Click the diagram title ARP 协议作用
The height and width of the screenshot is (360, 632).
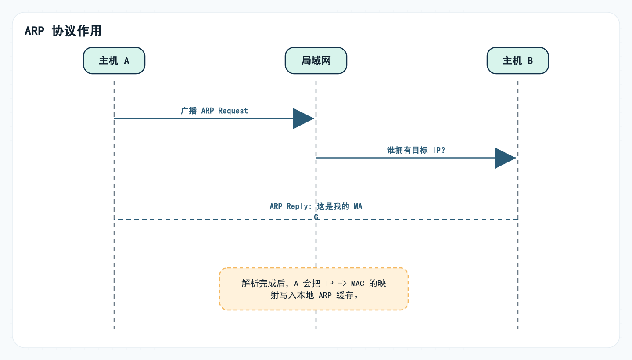coord(63,31)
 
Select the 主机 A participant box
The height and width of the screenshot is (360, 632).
coord(114,61)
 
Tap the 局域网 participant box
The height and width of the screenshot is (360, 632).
coord(316,61)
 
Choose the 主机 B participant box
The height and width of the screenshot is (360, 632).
coord(518,61)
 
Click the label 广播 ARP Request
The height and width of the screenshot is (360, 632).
coord(214,111)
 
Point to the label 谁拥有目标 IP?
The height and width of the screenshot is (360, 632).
coord(416,150)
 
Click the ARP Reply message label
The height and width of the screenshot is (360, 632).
coord(316,206)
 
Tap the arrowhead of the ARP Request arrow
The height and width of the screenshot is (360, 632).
coord(303,119)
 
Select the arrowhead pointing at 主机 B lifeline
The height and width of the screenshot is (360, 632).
coord(505,158)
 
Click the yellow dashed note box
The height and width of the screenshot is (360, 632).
coord(314,289)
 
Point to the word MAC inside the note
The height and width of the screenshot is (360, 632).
coord(358,284)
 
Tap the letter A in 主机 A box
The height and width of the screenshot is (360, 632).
coord(126,61)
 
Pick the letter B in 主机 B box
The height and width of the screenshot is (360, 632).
coord(530,61)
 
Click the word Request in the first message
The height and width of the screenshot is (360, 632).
coord(233,111)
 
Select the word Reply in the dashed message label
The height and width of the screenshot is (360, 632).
coord(298,206)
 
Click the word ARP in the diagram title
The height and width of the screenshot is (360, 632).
coord(34,31)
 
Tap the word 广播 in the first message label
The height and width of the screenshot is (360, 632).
coord(189,111)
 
